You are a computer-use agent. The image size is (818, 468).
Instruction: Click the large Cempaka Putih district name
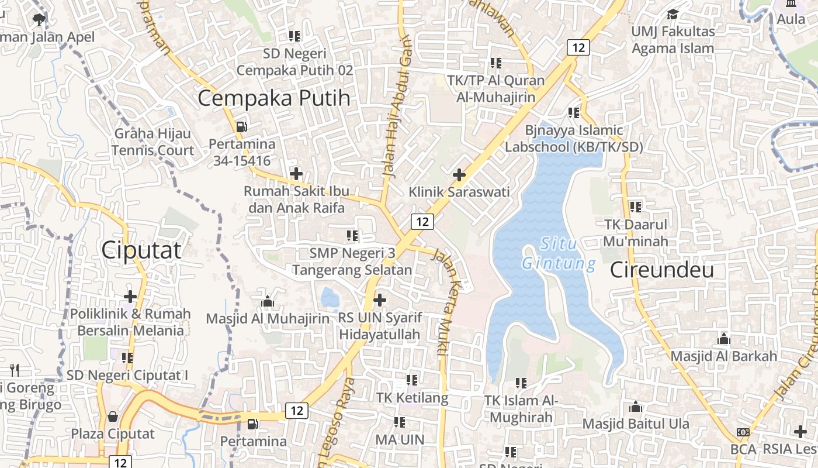(x=274, y=98)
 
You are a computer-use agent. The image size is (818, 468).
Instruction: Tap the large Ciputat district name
(x=141, y=250)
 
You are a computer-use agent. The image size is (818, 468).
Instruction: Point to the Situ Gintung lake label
(x=559, y=253)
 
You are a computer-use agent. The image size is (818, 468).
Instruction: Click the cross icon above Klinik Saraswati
(x=459, y=174)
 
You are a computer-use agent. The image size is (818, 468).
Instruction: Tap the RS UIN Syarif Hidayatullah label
(x=380, y=326)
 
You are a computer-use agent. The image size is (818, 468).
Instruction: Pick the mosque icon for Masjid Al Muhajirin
(x=268, y=301)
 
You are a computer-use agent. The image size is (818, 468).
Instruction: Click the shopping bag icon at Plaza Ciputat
(x=112, y=417)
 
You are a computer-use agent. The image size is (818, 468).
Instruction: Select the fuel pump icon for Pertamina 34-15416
(x=241, y=126)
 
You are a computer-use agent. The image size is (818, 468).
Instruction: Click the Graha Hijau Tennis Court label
(x=153, y=142)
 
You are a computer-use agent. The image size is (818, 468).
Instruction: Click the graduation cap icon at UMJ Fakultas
(x=673, y=14)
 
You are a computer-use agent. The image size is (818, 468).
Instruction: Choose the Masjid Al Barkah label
(x=723, y=356)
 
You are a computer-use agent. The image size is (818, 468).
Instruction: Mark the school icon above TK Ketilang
(x=412, y=380)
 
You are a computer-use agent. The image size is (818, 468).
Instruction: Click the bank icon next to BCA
(x=743, y=432)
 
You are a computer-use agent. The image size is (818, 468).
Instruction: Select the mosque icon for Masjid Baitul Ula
(x=636, y=407)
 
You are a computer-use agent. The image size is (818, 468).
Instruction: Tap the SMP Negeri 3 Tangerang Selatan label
(x=352, y=261)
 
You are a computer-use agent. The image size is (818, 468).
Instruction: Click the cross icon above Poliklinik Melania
(x=130, y=297)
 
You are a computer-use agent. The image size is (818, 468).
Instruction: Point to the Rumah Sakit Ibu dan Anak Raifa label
(x=296, y=199)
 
